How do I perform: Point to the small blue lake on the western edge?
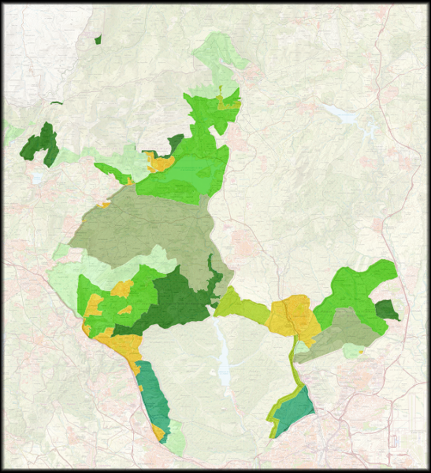coord(37,179)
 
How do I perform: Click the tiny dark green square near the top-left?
coord(97,39)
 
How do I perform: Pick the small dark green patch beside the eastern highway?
coord(386,309)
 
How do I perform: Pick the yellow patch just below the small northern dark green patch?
coord(161,163)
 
